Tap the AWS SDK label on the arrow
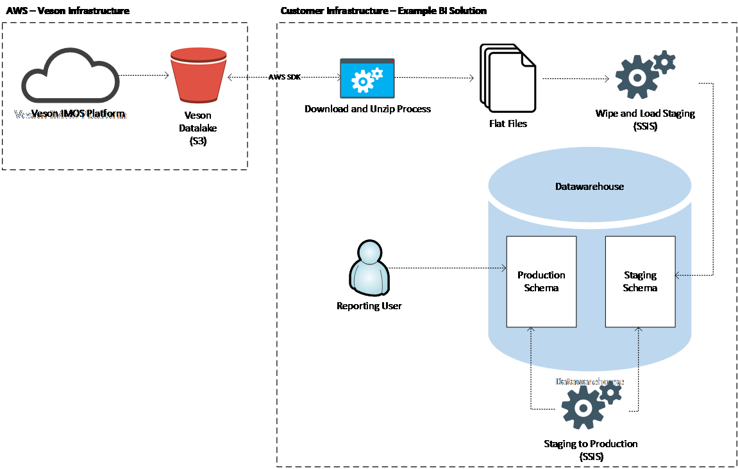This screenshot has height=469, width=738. (x=284, y=77)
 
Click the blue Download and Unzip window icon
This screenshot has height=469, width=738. (x=367, y=78)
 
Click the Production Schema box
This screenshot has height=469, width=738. (x=541, y=281)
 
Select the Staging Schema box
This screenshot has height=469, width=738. (x=640, y=281)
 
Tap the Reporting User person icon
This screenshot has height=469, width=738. (x=369, y=269)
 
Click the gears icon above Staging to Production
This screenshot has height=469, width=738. (x=589, y=405)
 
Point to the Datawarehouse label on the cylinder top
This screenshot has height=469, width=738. (x=589, y=187)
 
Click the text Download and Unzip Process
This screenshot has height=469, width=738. (x=367, y=109)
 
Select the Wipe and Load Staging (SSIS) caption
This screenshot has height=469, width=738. (x=644, y=119)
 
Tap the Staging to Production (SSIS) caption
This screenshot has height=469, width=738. (x=591, y=450)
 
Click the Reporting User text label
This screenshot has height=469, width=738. (x=369, y=306)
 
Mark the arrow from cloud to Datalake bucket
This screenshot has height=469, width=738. (x=144, y=75)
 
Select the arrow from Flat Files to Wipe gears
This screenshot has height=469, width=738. (x=575, y=80)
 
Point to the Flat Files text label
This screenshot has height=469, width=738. (x=508, y=123)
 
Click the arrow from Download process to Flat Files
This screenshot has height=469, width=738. (x=434, y=78)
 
